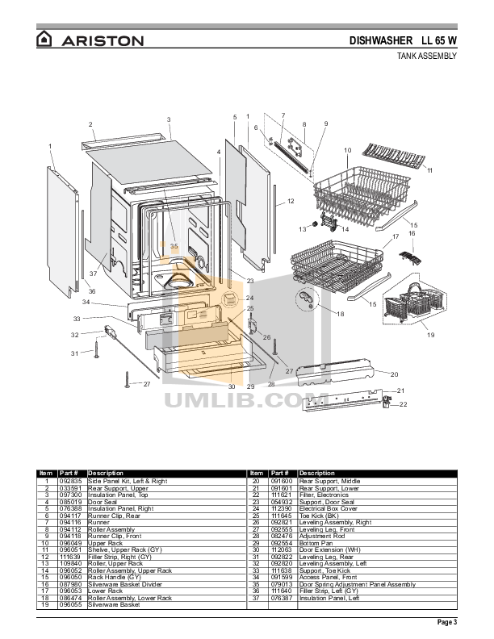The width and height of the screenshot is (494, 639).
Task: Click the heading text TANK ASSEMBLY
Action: click(x=428, y=56)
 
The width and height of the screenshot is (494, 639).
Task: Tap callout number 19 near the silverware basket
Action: click(x=430, y=334)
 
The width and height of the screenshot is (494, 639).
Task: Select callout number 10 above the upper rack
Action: click(x=347, y=151)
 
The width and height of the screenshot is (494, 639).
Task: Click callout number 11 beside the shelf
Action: click(x=430, y=170)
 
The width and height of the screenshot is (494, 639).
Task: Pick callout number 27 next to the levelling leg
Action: click(x=147, y=385)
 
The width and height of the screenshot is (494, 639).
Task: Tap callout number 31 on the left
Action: click(x=74, y=353)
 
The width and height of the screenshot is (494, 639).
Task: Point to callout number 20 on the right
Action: click(x=395, y=374)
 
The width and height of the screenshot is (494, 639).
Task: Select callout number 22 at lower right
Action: click(x=404, y=404)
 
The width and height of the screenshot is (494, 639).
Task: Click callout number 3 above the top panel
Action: click(x=169, y=119)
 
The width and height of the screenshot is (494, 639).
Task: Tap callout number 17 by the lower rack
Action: click(x=396, y=237)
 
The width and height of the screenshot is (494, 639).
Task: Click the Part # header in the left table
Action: click(x=70, y=473)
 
